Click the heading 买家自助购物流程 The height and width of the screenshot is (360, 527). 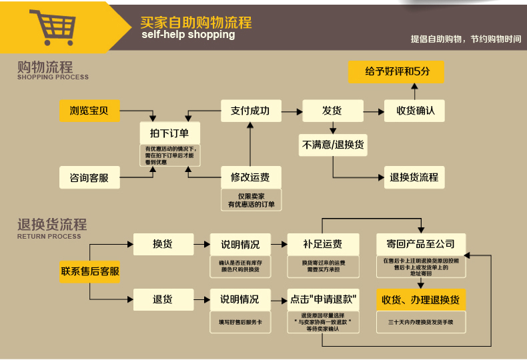click(x=195, y=22)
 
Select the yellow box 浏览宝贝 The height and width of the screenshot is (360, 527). click(x=89, y=111)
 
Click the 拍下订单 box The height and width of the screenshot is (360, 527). click(x=170, y=133)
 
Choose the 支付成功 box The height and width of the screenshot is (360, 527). click(x=250, y=111)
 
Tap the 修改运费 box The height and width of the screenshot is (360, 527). click(x=250, y=177)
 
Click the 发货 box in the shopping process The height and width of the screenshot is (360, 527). click(x=332, y=111)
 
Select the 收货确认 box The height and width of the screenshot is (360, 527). click(x=415, y=111)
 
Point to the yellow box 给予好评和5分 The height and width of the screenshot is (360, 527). click(x=396, y=72)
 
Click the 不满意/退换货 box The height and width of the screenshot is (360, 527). click(x=333, y=145)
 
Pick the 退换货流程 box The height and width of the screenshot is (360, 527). click(x=415, y=177)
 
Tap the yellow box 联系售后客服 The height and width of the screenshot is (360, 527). click(x=90, y=271)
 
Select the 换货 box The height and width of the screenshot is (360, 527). click(x=163, y=244)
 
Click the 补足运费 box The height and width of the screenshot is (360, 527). click(x=323, y=244)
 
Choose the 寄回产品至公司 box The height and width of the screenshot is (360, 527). click(x=421, y=244)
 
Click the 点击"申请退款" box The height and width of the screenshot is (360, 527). click(x=323, y=299)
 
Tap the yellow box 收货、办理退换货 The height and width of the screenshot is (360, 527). click(x=421, y=299)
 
